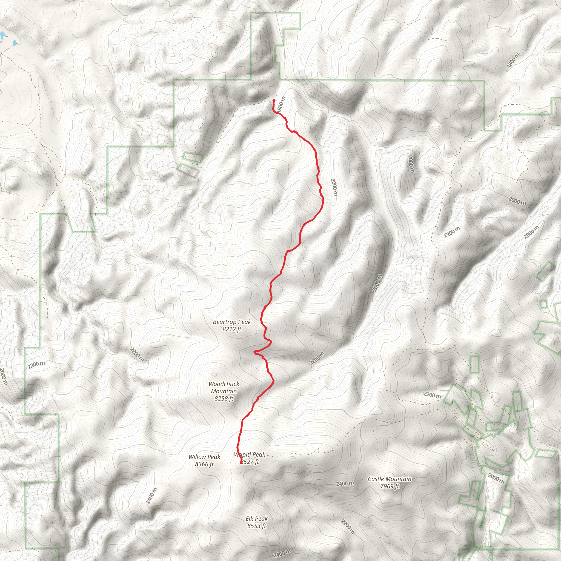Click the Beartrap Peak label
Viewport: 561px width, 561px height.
(x=232, y=322)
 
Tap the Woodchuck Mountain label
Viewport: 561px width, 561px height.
(x=224, y=387)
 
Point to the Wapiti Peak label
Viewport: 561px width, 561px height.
(x=250, y=454)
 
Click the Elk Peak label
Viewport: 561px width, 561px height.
(x=257, y=518)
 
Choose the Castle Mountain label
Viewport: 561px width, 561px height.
(x=390, y=479)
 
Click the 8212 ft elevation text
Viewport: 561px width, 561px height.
(x=232, y=329)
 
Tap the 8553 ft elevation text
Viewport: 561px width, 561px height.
(x=257, y=526)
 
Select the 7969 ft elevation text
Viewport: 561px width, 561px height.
(x=390, y=486)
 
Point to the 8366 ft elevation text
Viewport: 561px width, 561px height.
(x=204, y=464)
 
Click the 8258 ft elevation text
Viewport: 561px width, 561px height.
(x=224, y=398)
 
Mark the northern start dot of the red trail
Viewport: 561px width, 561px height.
(x=274, y=101)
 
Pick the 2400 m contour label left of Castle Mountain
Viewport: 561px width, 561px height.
(x=345, y=483)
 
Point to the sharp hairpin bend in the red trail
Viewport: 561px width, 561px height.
(x=255, y=352)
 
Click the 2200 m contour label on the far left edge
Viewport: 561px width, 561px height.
(x=37, y=364)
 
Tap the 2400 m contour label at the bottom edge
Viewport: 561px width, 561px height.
(x=282, y=553)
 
